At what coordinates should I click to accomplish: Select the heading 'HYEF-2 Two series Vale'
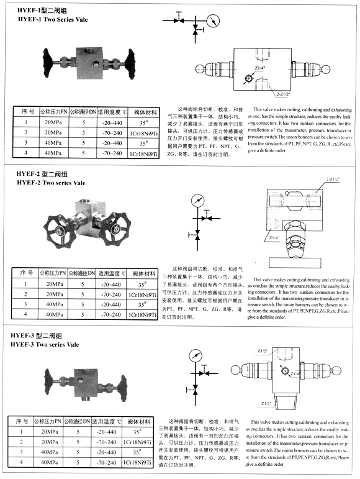[x=49, y=183]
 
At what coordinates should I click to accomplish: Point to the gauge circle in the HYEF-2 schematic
[x=199, y=201]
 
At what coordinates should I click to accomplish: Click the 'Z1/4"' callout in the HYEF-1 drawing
[x=258, y=67]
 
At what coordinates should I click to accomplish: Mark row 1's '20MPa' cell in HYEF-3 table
[x=49, y=431]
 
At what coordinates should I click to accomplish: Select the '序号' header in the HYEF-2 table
[x=25, y=273]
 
